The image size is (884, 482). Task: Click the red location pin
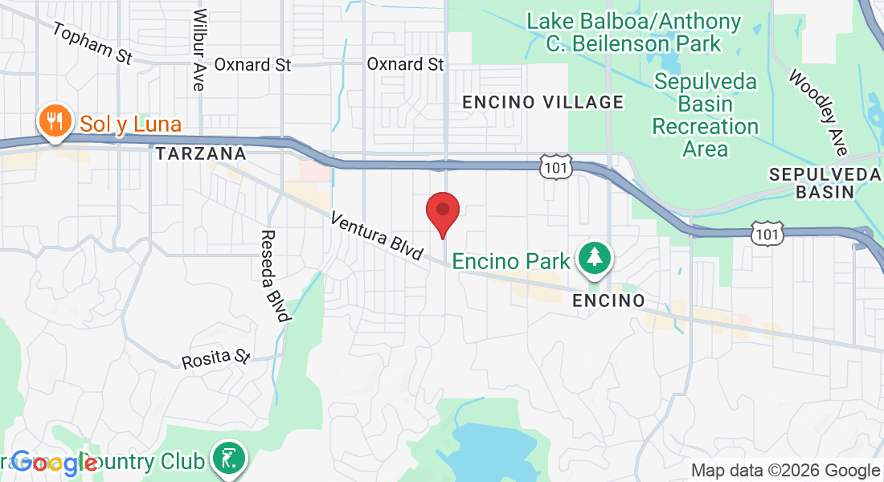point(442,210)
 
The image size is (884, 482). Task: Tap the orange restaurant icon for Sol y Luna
point(54,122)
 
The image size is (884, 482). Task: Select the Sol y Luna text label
point(130,125)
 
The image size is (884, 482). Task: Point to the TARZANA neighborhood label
point(200,153)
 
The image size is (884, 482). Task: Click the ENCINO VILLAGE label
point(543,102)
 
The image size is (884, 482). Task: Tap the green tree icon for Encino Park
point(595,258)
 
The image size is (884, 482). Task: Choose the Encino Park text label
point(511,261)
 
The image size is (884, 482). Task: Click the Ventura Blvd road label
point(376,235)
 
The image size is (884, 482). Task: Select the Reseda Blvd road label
point(273,276)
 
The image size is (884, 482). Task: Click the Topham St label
point(92,43)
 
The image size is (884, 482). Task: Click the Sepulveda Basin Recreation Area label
point(705,115)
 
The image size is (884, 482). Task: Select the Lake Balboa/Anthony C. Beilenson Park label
point(633,32)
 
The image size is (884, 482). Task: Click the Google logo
point(54,464)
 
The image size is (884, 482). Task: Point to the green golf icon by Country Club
point(228,459)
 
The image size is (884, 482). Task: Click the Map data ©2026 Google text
point(785,471)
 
